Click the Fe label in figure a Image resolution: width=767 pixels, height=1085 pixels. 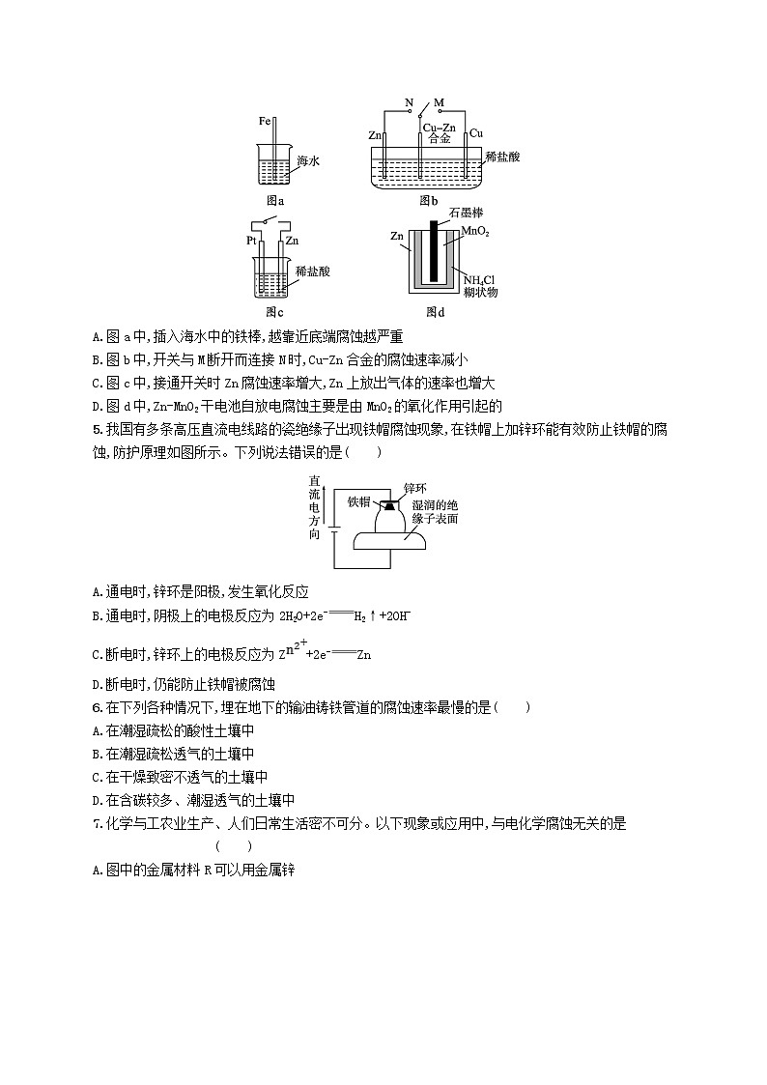click(x=265, y=122)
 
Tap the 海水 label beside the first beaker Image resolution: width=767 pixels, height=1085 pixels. click(x=308, y=161)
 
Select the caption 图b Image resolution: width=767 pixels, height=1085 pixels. click(x=428, y=201)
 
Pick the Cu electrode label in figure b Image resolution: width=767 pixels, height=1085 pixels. click(x=475, y=133)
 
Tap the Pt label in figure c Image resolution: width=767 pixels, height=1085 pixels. click(x=251, y=240)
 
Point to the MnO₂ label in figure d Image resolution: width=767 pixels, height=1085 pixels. click(x=475, y=232)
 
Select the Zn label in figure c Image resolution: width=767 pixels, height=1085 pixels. click(x=292, y=240)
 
